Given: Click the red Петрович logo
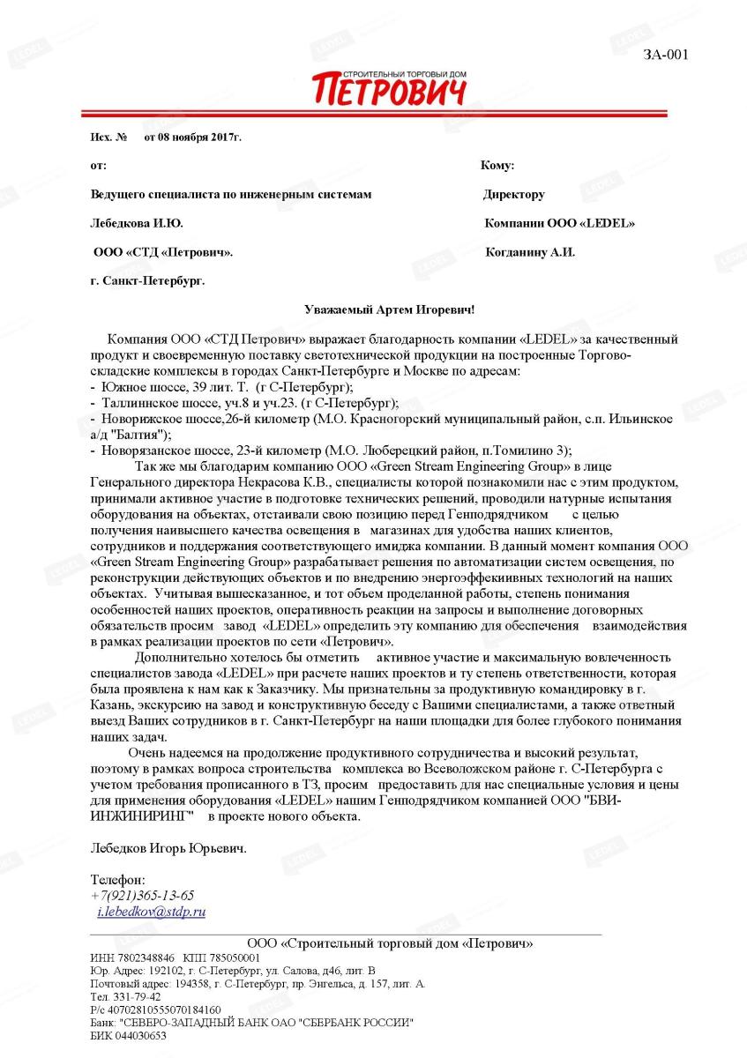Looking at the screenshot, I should pyautogui.click(x=388, y=89).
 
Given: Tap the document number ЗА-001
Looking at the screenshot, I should pyautogui.click(x=665, y=55).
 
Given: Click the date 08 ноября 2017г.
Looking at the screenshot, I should pyautogui.click(x=192, y=138).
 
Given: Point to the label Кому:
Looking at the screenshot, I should pyautogui.click(x=497, y=166).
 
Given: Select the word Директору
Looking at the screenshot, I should pyautogui.click(x=513, y=194).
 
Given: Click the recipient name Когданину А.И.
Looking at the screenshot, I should pyautogui.click(x=530, y=252).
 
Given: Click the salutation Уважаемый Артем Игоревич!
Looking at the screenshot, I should pyautogui.click(x=389, y=309).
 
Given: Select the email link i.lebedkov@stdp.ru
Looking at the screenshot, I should pyautogui.click(x=151, y=912).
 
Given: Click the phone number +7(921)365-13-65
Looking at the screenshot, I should pyautogui.click(x=142, y=895).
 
